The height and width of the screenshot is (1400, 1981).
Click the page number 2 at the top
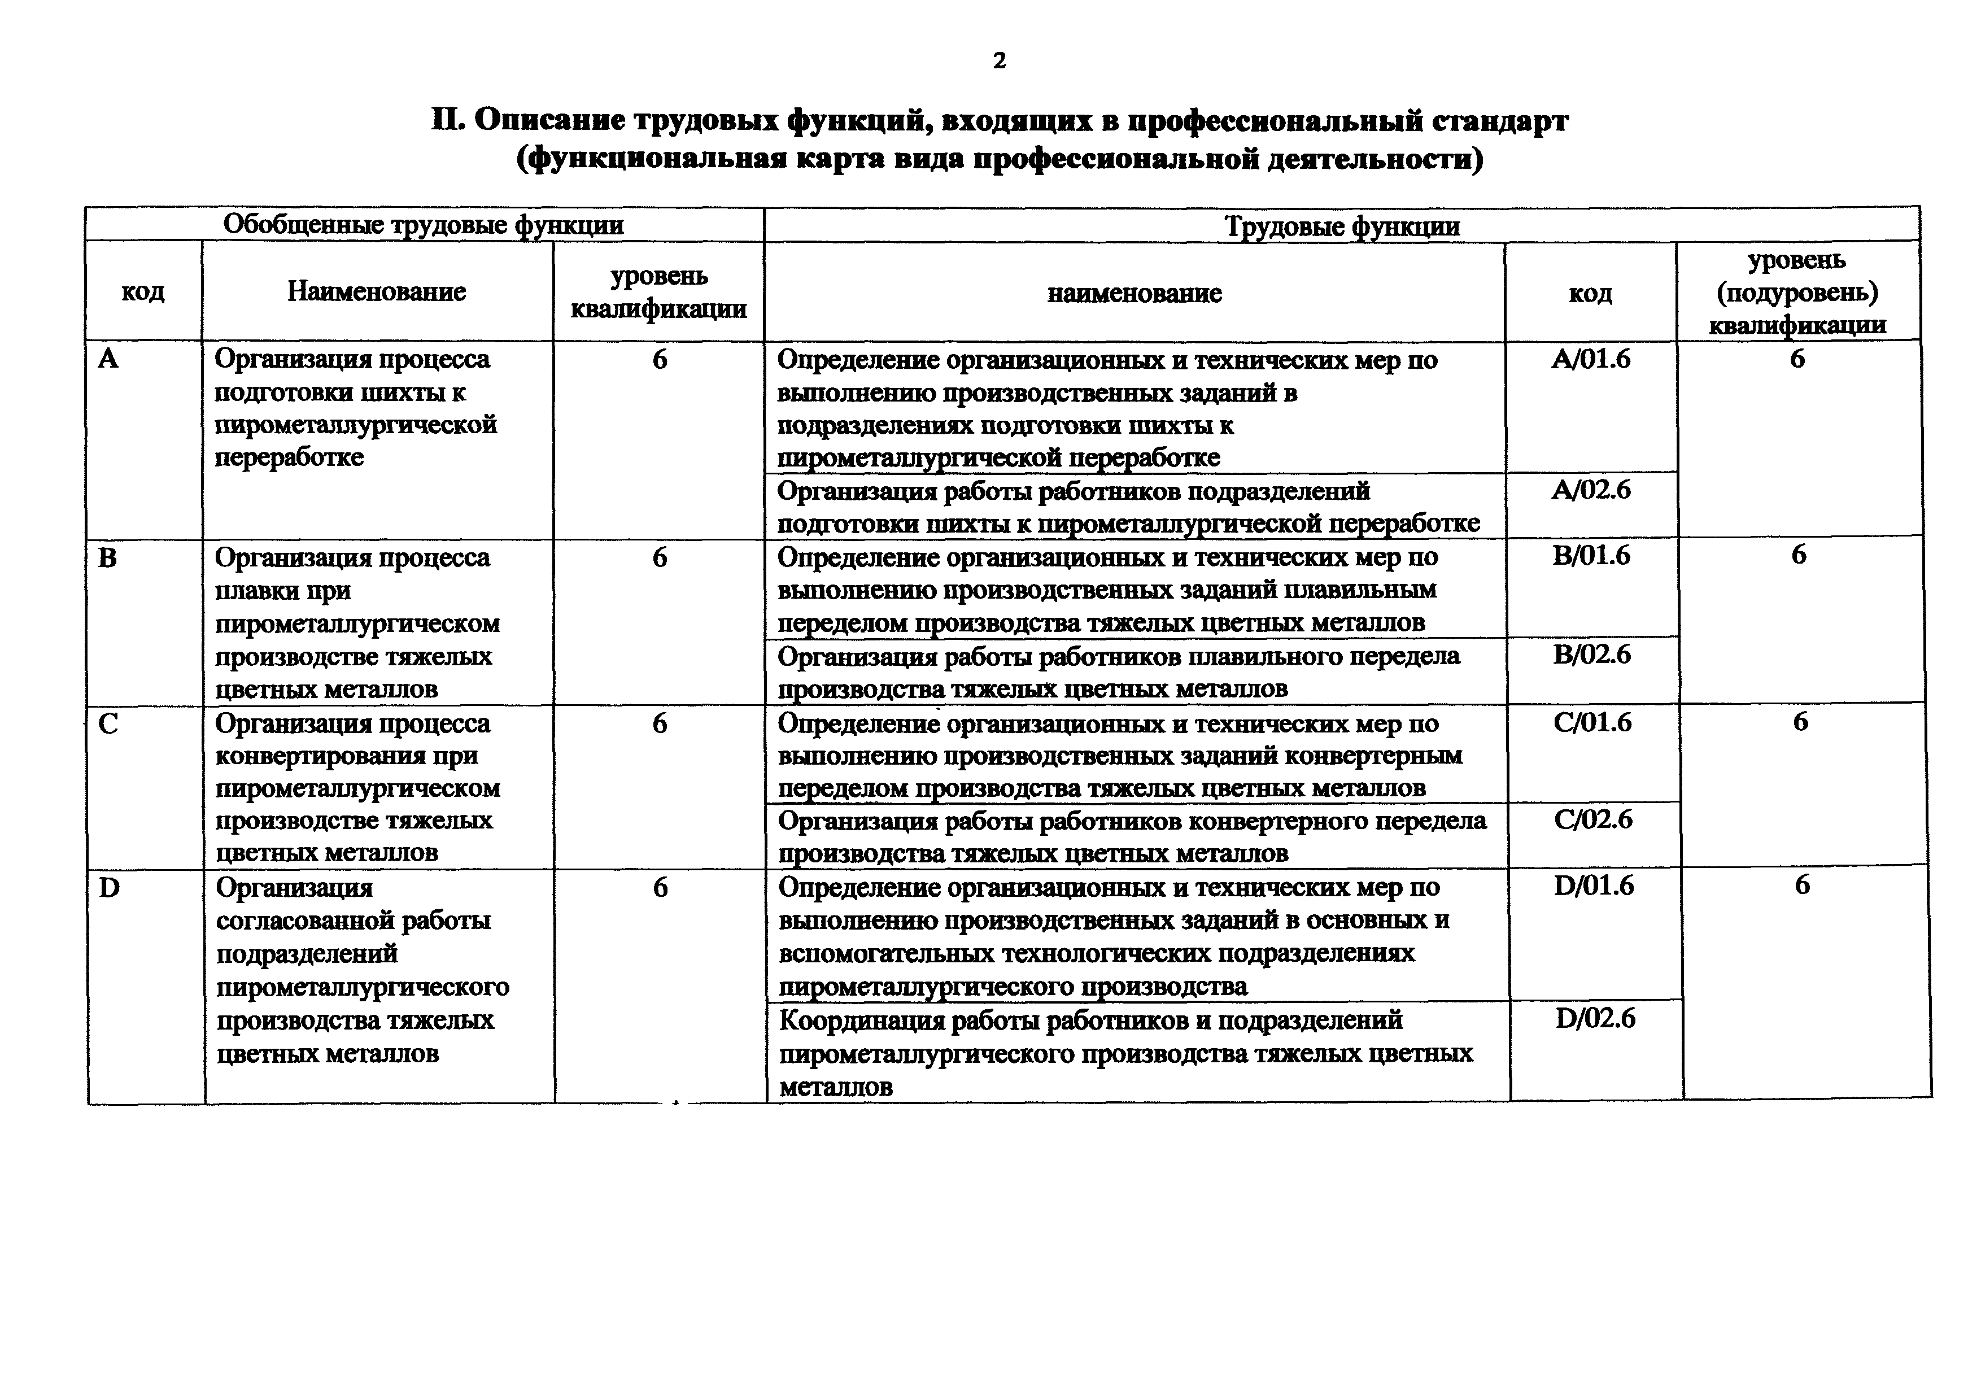coord(999,60)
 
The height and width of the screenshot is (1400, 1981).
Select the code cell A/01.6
coord(1590,359)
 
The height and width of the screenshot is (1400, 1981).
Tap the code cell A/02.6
coord(1590,490)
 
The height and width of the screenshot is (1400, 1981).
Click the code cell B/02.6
coord(1592,655)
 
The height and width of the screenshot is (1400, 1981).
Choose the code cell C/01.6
coord(1592,722)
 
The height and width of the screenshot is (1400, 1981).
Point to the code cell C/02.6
coord(1592,819)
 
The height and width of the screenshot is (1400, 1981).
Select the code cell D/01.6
coord(1594,886)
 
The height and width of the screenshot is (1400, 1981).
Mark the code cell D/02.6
coord(1595,1019)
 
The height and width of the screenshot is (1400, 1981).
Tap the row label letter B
coord(108,558)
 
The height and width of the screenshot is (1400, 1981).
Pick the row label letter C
coord(109,723)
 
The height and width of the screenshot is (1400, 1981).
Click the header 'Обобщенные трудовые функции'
coord(423,225)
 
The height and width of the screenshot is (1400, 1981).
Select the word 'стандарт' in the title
coord(1499,121)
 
